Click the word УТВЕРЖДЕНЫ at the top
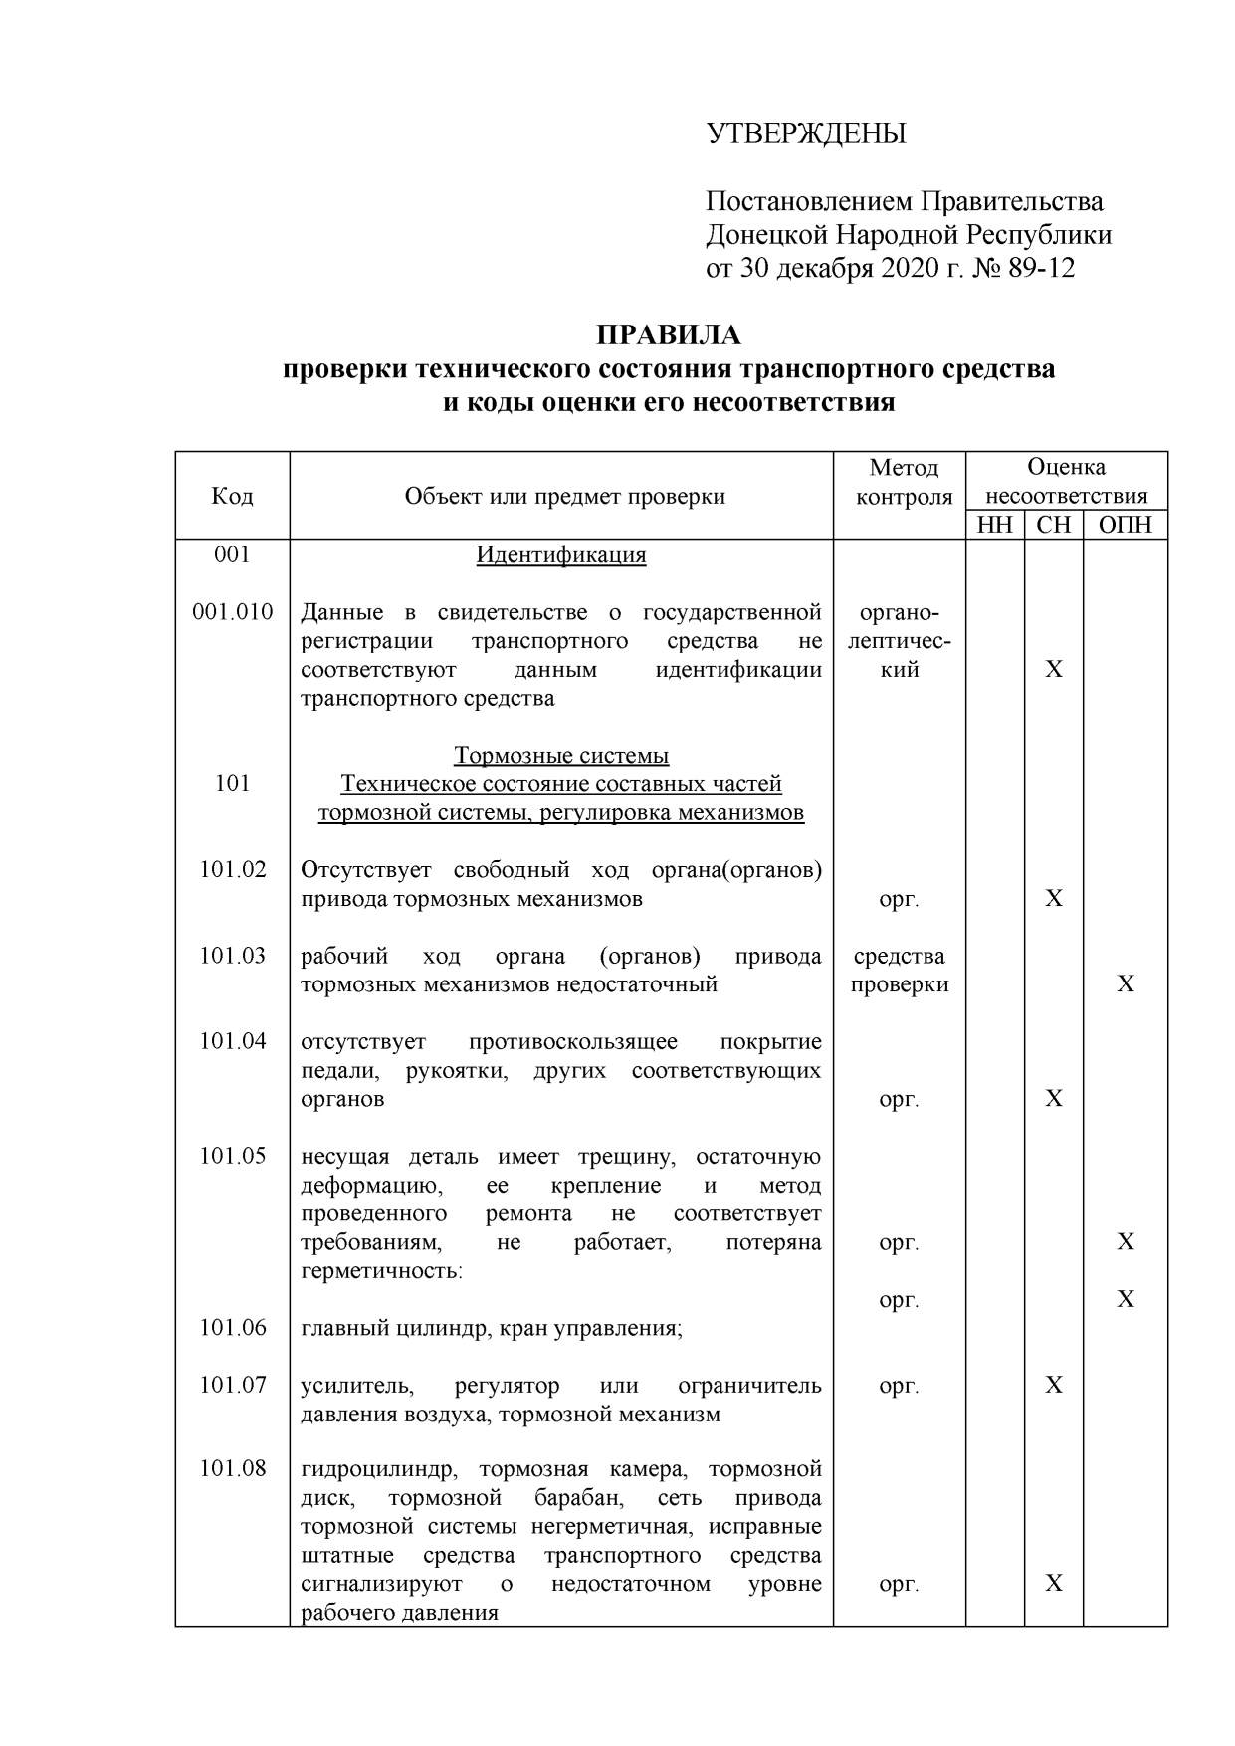pos(806,134)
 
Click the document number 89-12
pos(1041,269)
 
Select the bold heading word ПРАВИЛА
pos(668,335)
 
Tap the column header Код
pos(232,496)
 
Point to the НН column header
pos(994,525)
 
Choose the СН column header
pos(1054,525)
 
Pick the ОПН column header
pos(1125,525)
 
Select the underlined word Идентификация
pos(561,555)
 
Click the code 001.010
pos(232,612)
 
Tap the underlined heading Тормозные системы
pos(561,756)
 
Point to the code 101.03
pos(233,956)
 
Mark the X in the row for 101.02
pos(1054,899)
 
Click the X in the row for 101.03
pos(1125,984)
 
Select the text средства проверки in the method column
pos(900,971)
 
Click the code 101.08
pos(233,1469)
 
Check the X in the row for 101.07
pos(1054,1386)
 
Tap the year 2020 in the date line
pos(910,269)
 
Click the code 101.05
pos(233,1156)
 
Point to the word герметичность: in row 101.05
pos(381,1271)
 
